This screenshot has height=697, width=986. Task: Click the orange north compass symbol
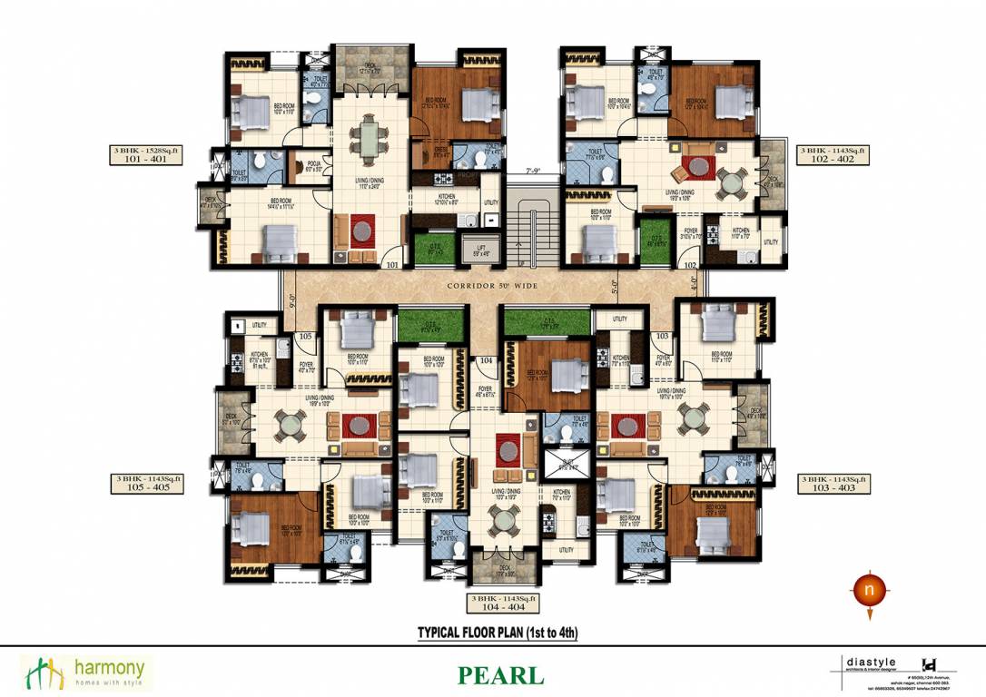tap(870, 591)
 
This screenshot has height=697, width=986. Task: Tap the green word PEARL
tap(500, 676)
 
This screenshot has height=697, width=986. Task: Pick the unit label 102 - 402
tap(833, 157)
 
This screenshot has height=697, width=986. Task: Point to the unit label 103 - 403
tap(833, 487)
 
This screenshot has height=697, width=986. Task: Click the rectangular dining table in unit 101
tap(370, 140)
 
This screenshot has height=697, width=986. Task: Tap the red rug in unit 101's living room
tap(363, 231)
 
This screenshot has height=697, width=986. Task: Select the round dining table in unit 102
tap(731, 181)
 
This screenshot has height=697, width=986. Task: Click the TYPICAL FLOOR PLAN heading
tap(497, 632)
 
